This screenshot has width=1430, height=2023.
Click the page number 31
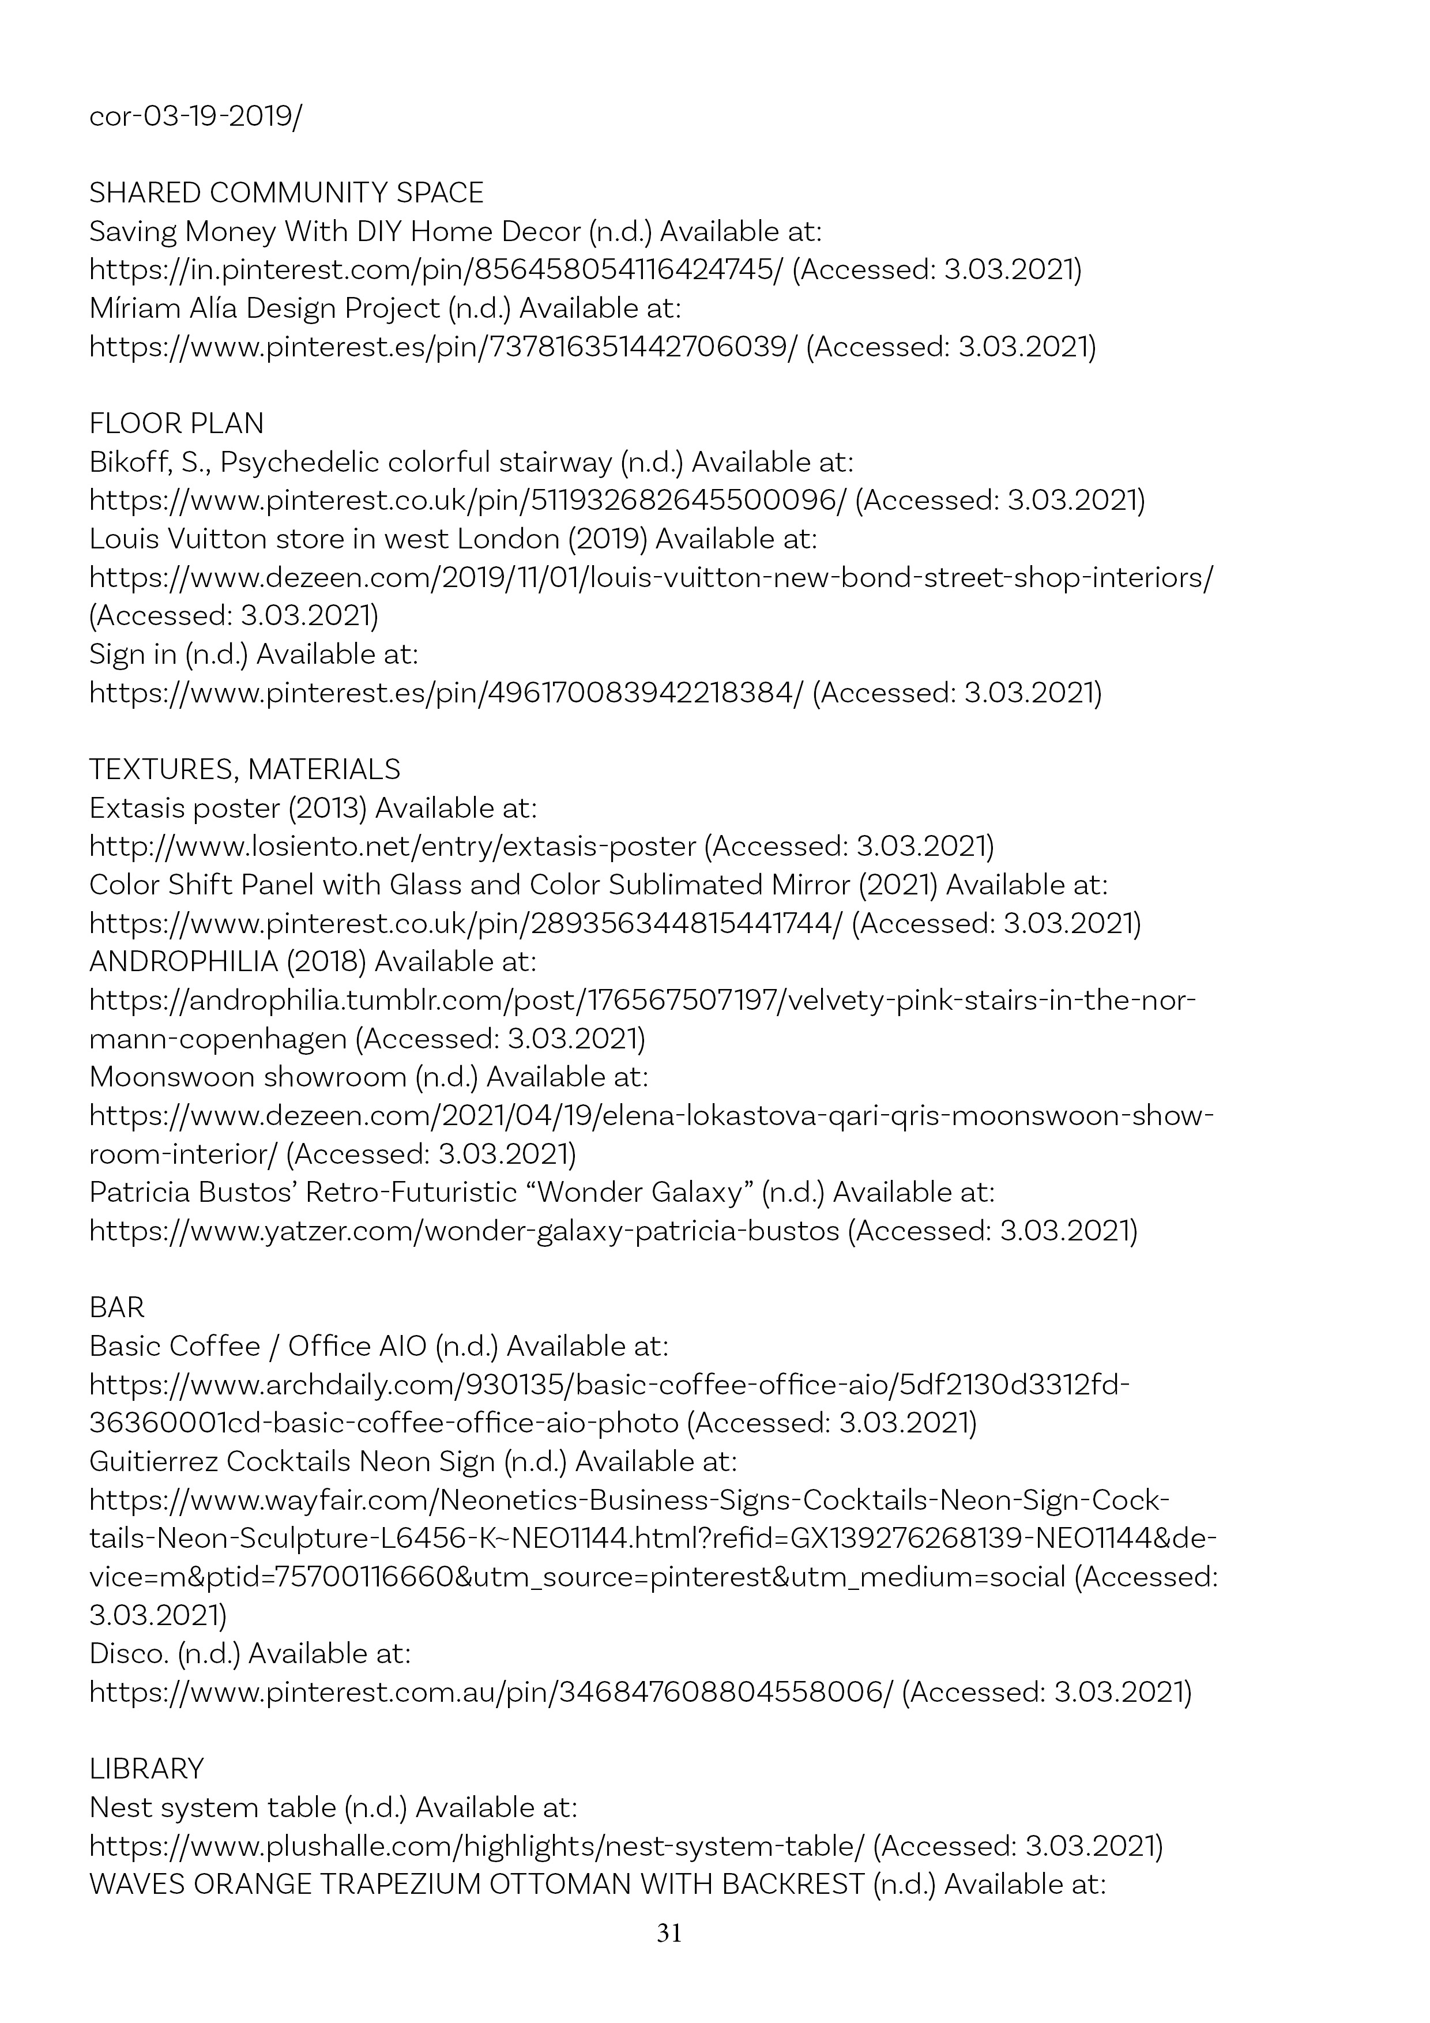(669, 1934)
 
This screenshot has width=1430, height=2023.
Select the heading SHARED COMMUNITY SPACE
(287, 193)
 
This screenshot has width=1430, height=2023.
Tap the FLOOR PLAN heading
(176, 424)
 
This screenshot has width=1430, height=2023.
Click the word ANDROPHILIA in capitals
(183, 961)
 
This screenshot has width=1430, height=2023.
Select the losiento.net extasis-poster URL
(393, 847)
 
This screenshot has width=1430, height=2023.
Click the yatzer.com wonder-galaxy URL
(464, 1231)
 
